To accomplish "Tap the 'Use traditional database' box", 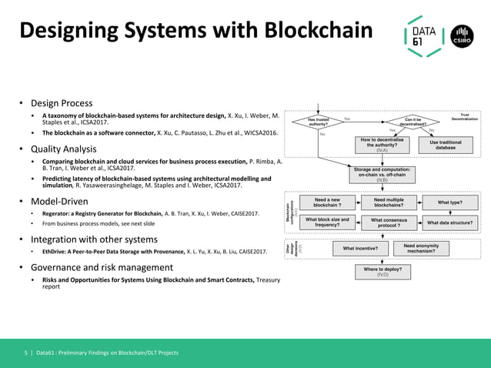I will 446,145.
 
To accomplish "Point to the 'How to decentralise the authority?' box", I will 382,145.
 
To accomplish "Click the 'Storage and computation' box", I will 382,174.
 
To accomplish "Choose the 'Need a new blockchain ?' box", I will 327,202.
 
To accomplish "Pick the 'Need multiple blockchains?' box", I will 389,202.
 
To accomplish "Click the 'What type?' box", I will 449,202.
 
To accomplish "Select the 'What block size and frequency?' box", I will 327,222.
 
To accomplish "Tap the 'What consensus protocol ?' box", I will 389,222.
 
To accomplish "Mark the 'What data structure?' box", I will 449,222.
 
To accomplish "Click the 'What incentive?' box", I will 360,248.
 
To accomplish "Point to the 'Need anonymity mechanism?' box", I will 421,248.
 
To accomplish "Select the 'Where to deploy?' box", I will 382,271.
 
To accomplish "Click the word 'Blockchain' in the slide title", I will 318,31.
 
